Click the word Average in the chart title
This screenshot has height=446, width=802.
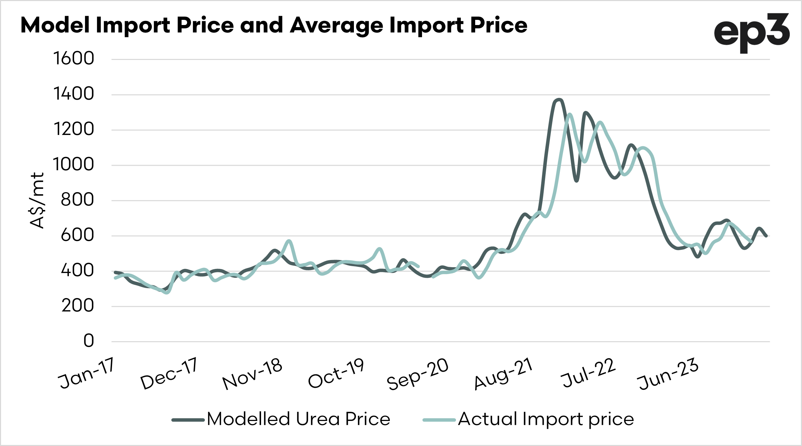337,26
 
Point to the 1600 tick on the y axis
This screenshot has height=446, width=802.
74,58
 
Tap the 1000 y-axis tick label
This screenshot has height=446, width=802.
74,164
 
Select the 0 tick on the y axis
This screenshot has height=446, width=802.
89,341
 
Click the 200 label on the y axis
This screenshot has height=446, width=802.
77,306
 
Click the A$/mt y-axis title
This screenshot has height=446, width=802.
37,200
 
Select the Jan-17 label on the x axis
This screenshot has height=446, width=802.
86,373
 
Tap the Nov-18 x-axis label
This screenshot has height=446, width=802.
252,374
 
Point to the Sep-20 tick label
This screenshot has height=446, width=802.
418,374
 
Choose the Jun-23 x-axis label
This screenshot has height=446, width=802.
668,374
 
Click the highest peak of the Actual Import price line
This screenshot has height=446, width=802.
569,114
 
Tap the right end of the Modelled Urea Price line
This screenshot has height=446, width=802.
766,236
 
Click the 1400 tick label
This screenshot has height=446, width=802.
74,94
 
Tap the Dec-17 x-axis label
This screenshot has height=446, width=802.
169,374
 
